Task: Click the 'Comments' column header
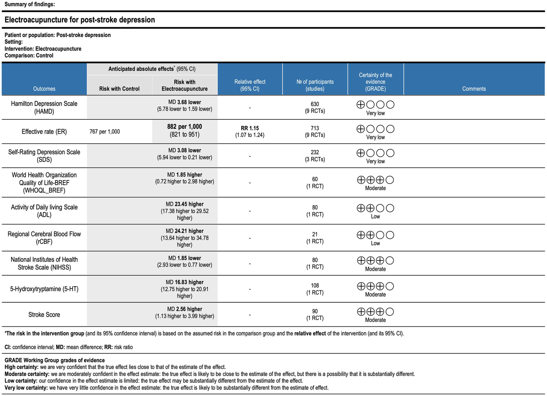tap(474, 89)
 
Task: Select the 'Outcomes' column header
tap(44, 89)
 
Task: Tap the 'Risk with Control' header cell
tap(119, 89)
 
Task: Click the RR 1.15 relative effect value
tap(249, 128)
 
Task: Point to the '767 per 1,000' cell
tap(105, 132)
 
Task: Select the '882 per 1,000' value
tap(185, 127)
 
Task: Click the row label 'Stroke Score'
tap(44, 315)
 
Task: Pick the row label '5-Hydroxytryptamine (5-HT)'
tap(44, 289)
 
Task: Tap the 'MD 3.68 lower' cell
tap(185, 102)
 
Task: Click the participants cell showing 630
tap(315, 104)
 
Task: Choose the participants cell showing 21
tap(315, 235)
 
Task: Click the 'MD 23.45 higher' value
tap(185, 204)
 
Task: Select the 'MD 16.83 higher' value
tap(185, 282)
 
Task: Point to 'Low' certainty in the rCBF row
tap(375, 243)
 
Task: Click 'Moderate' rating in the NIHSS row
tap(375, 269)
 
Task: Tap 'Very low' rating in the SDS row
tap(375, 161)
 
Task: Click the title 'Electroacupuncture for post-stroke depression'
tap(79, 20)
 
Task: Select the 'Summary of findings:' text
tap(30, 4)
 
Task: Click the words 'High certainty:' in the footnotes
tap(21, 367)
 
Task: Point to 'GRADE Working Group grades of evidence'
tap(55, 360)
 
